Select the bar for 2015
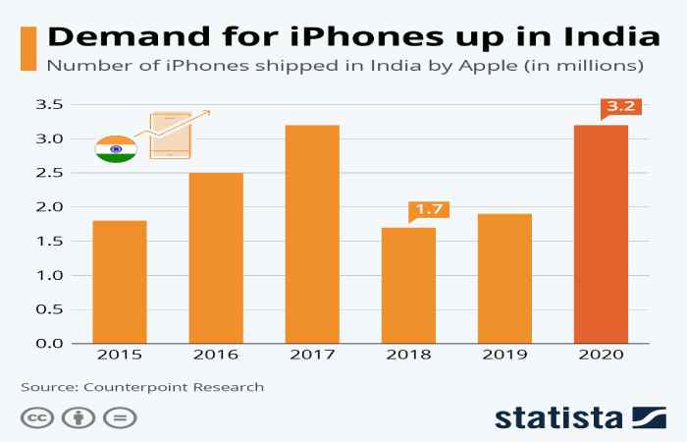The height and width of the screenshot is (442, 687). pos(120,282)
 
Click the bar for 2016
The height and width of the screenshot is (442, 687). pos(216,257)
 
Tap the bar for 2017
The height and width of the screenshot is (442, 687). pos(312,234)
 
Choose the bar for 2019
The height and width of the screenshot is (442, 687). pos(504,278)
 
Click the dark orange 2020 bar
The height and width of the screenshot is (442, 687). pos(601,234)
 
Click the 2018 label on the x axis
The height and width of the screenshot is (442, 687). pos(408,356)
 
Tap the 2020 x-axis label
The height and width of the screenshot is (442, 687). pos(601,356)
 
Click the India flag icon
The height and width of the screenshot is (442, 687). pos(116,149)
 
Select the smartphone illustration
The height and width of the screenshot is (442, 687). pos(170,136)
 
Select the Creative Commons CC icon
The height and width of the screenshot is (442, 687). pos(36,416)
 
